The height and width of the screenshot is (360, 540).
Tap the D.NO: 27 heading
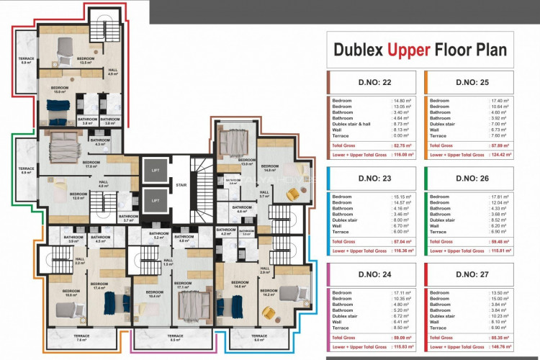472,274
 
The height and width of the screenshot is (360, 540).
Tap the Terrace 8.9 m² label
25,60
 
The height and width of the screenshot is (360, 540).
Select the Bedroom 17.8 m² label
91,164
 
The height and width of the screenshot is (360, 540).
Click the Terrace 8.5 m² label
175,338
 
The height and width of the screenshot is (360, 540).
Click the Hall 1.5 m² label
167,263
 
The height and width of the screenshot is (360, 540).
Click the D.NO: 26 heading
472,178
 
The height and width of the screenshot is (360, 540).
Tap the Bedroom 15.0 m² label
59,90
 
